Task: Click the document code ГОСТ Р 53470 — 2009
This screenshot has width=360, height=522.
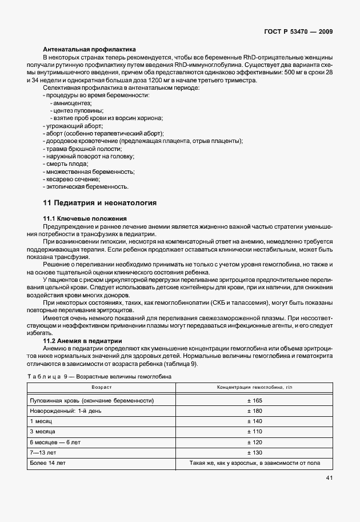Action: (301, 32)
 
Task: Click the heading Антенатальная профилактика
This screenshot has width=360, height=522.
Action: (89, 50)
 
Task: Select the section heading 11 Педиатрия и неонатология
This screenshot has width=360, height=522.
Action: (100, 202)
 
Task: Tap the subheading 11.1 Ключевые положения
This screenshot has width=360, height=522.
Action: (85, 219)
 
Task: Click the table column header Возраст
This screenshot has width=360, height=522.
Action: (101, 388)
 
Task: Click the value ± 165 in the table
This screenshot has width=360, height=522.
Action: (254, 400)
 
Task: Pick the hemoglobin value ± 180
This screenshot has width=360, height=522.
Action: (254, 411)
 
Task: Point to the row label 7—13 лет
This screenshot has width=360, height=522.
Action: (44, 452)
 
